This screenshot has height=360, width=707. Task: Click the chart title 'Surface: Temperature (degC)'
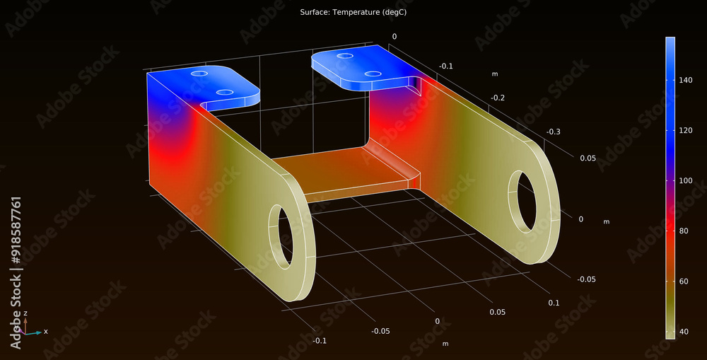[353, 13]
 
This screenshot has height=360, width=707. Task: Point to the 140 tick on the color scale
[685, 81]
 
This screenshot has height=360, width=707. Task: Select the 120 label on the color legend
[685, 131]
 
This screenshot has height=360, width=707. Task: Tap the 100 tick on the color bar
[685, 180]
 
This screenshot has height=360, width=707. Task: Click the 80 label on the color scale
[684, 231]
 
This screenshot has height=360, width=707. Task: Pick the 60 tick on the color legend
[684, 281]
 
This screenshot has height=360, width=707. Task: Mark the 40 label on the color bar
[684, 331]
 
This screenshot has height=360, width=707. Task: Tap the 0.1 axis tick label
[553, 303]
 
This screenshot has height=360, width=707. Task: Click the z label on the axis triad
[25, 313]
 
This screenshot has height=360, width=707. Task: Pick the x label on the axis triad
[46, 331]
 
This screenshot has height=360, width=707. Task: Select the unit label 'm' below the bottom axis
[445, 344]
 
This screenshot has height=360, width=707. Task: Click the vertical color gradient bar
[670, 187]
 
